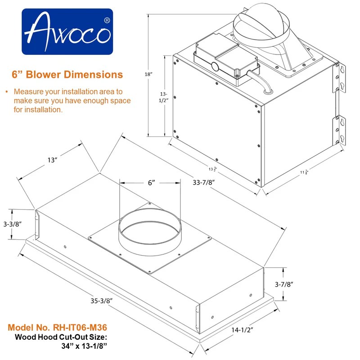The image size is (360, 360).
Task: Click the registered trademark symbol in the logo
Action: tap(107, 20)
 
